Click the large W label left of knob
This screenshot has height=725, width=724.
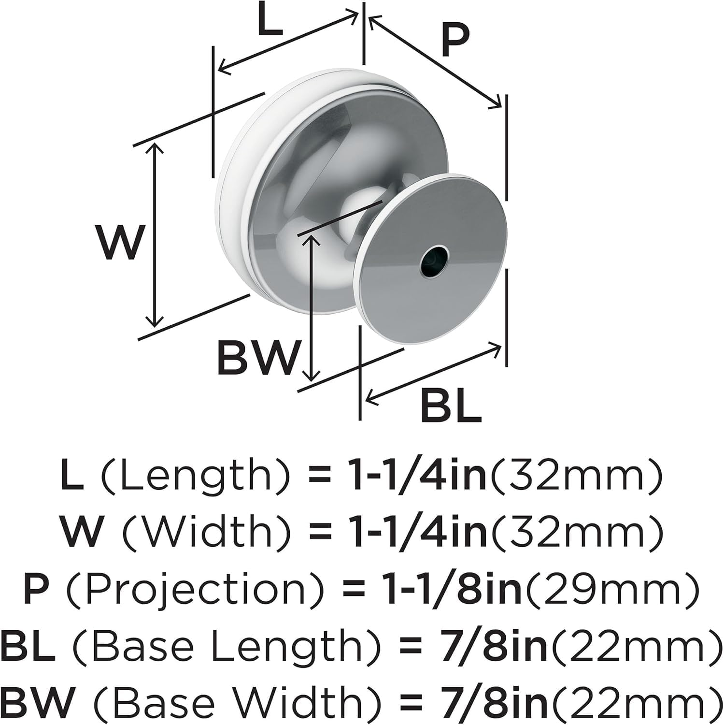click(x=119, y=242)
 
